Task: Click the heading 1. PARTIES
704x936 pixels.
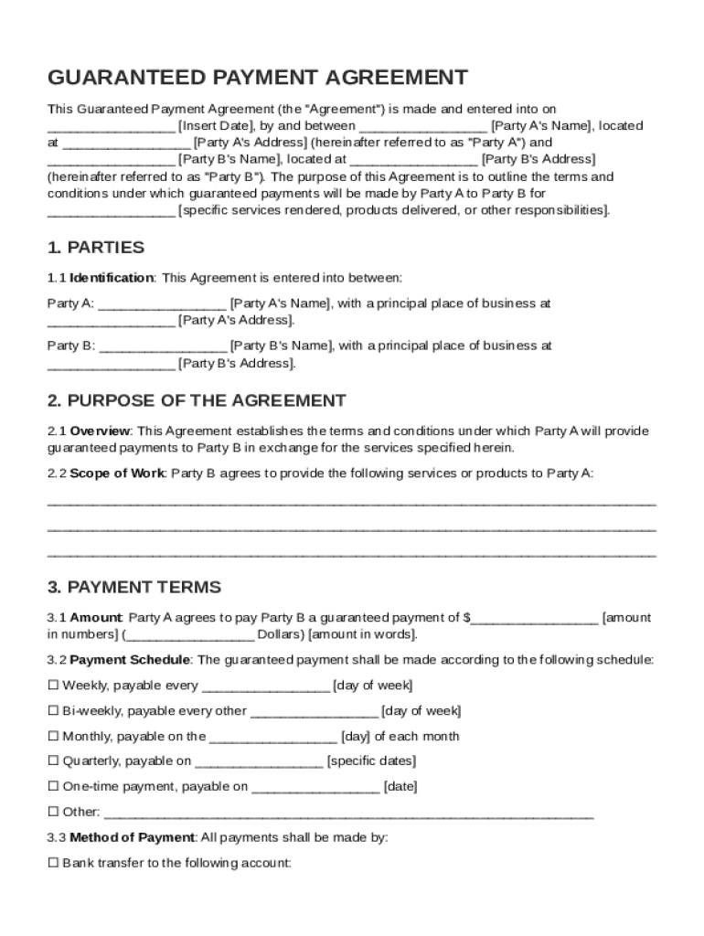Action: [x=96, y=248]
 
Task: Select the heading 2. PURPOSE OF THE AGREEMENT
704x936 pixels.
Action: [x=197, y=400]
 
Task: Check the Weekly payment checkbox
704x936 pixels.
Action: [x=53, y=686]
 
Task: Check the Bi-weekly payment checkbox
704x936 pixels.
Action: [x=53, y=711]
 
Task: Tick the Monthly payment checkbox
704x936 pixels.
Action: [x=53, y=737]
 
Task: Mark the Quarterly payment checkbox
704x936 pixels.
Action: [x=53, y=761]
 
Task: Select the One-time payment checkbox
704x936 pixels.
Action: [x=53, y=787]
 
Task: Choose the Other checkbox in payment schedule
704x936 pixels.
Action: [x=53, y=812]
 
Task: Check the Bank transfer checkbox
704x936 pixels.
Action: [x=53, y=863]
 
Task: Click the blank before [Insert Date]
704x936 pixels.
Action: [x=111, y=127]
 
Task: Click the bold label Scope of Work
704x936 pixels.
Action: [x=117, y=473]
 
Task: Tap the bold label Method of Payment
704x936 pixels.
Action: [x=132, y=837]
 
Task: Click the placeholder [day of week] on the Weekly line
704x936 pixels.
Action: [x=373, y=686]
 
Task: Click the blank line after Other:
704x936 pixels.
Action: [x=349, y=813]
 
